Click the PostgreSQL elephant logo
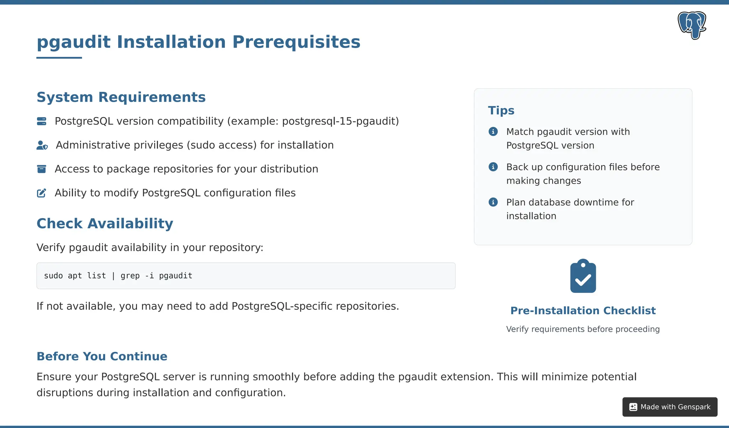pyautogui.click(x=692, y=25)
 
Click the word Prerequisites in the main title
pyautogui.click(x=296, y=42)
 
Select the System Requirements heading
pyautogui.click(x=121, y=97)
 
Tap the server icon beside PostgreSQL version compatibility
pyautogui.click(x=42, y=121)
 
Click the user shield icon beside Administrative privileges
pyautogui.click(x=42, y=145)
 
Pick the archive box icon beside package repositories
pyautogui.click(x=42, y=169)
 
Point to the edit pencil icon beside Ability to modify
pyautogui.click(x=42, y=193)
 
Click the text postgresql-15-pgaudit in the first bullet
pyautogui.click(x=340, y=121)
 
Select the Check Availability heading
pyautogui.click(x=105, y=223)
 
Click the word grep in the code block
pyautogui.click(x=130, y=276)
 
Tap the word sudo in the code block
pyautogui.click(x=53, y=276)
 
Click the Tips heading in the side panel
pyautogui.click(x=501, y=110)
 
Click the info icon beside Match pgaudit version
pyautogui.click(x=493, y=132)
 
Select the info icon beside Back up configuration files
pyautogui.click(x=493, y=167)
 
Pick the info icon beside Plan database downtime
pyautogui.click(x=493, y=202)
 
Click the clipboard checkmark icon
pyautogui.click(x=583, y=276)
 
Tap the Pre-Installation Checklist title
pyautogui.click(x=583, y=311)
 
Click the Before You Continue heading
pyautogui.click(x=102, y=356)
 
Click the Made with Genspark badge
pyautogui.click(x=670, y=407)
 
